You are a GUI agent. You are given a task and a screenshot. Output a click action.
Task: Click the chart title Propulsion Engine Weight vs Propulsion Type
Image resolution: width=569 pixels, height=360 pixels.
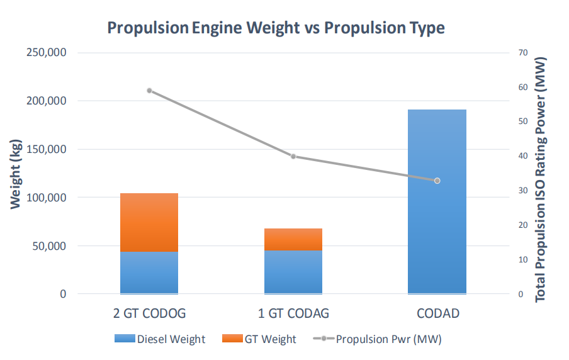[x=276, y=28]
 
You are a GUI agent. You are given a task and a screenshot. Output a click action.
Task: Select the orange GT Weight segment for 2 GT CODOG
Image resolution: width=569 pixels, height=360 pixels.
[x=149, y=222]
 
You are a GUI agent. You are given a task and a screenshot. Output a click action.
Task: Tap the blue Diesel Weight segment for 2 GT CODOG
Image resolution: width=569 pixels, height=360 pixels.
[x=149, y=273]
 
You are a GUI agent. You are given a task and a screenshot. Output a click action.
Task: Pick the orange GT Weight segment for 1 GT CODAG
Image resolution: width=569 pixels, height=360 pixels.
[x=293, y=239]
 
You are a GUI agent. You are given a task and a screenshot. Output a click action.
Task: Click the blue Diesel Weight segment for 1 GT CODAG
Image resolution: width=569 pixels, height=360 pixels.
[x=293, y=272]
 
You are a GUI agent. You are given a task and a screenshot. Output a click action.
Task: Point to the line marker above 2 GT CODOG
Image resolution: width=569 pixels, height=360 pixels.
[x=150, y=91]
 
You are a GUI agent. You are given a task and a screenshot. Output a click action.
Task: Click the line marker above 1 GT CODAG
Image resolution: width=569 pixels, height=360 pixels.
[x=293, y=156]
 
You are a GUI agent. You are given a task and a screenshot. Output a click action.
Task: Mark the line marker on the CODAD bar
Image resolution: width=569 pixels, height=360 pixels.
[x=437, y=181]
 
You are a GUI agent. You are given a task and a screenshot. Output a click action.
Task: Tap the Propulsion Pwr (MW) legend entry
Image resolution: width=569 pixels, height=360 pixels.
[x=377, y=339]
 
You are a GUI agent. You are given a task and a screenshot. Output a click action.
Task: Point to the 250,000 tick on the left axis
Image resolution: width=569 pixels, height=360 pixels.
[x=47, y=53]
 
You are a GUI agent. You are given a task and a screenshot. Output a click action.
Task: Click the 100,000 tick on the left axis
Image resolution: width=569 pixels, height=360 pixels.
[x=47, y=198]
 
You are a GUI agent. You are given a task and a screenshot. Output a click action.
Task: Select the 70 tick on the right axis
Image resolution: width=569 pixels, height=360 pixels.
[x=522, y=53]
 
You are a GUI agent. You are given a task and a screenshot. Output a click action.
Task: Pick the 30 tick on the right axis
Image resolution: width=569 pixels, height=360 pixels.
[x=522, y=191]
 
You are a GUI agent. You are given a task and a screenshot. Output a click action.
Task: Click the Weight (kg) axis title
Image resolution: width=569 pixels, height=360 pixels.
[x=16, y=174]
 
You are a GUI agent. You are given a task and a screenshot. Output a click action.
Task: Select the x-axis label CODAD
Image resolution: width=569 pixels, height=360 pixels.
[x=437, y=313]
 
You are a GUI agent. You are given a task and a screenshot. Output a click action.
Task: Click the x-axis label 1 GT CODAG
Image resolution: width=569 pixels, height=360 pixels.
[x=293, y=313]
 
